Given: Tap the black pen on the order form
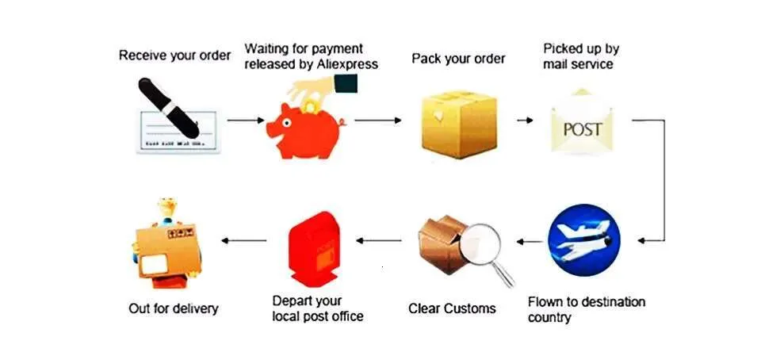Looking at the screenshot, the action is coord(168,108).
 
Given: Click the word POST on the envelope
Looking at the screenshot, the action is coord(583,129).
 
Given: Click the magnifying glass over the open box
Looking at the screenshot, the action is coord(485,252).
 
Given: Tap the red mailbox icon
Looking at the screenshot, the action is coord(315,249).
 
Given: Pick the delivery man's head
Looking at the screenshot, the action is coord(167,209).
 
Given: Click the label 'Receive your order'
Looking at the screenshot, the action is coord(174,56).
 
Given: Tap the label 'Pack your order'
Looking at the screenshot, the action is coord(459,59).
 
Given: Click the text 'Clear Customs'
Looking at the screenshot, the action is coord(452,308).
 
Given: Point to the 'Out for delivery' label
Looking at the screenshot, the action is coord(174,308).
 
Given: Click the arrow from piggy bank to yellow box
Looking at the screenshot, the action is coord(378,120).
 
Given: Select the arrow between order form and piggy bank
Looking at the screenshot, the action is coord(246,120).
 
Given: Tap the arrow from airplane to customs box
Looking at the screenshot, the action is coord(530,241).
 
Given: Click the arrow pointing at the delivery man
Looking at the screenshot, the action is coord(244,240).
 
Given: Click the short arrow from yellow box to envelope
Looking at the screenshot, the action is coord(525,120).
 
